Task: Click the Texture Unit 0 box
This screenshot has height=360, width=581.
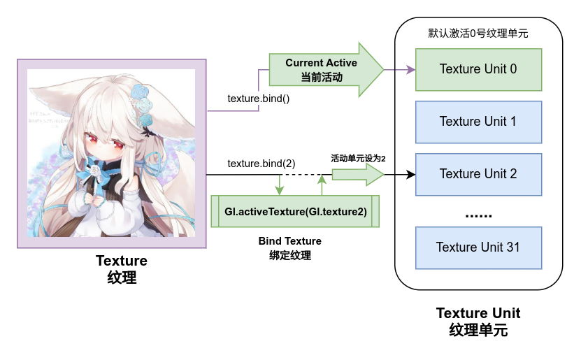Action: point(478,69)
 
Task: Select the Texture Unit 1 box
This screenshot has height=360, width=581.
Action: point(478,122)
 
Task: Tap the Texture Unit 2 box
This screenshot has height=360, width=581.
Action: point(478,173)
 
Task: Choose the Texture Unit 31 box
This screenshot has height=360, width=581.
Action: point(478,247)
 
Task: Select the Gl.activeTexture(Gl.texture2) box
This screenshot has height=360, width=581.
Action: point(295,211)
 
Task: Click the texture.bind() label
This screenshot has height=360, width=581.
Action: point(258,99)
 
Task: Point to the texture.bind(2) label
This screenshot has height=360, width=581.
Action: point(261,163)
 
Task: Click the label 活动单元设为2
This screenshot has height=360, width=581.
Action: point(358,159)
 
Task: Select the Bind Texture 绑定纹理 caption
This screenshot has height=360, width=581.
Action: point(290,248)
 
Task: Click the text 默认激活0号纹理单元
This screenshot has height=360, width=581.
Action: point(478,34)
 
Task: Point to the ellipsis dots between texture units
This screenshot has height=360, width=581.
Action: point(478,214)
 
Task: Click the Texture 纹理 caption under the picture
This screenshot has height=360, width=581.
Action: point(122,269)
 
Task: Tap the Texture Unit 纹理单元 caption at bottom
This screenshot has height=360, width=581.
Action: point(478,321)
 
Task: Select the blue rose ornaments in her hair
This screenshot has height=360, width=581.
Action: point(143,101)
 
